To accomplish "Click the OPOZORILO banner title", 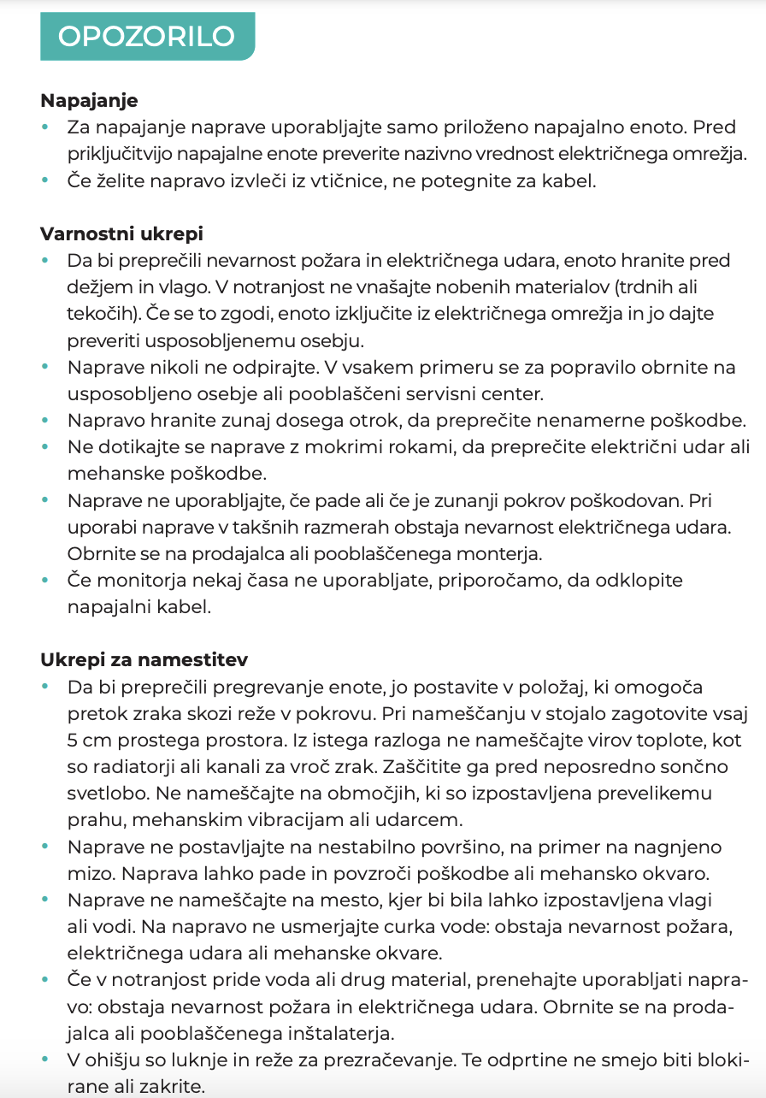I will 146,37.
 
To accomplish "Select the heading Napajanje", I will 89,101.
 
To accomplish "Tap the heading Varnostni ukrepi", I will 121,233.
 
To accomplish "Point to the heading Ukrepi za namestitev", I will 144,660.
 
